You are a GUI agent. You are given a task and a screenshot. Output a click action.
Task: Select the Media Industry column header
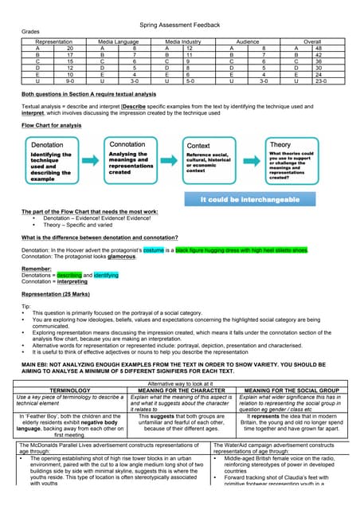[182, 40]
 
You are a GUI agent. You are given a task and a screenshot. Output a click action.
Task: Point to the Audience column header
[248, 40]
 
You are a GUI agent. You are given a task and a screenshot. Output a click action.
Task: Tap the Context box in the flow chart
[211, 163]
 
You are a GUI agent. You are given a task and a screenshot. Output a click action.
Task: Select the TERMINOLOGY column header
[70, 390]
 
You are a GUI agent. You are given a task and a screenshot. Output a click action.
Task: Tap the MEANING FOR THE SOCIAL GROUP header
[289, 390]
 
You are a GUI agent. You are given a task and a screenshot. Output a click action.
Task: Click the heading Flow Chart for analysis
[51, 125]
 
